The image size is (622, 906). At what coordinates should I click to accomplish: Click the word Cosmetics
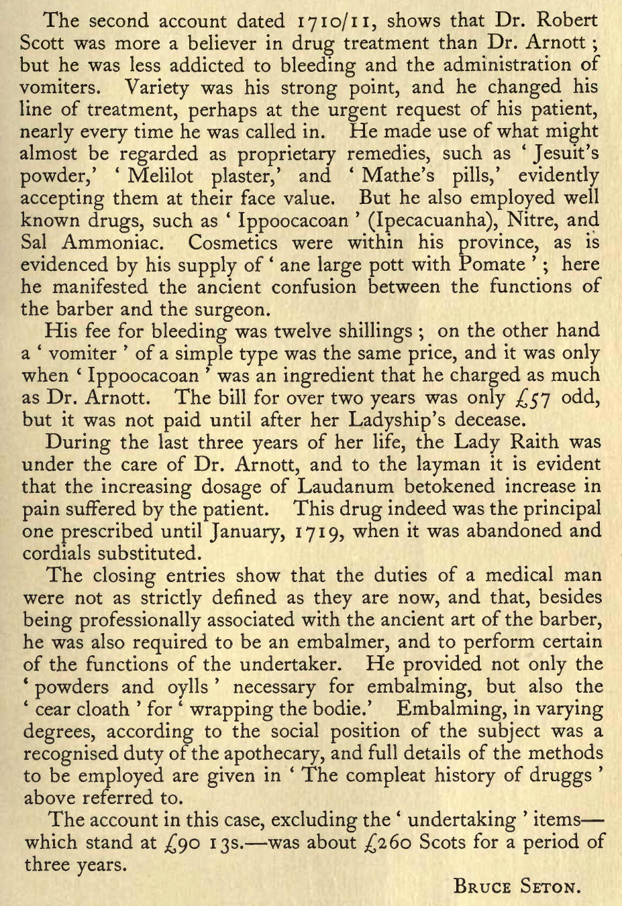[232, 242]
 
